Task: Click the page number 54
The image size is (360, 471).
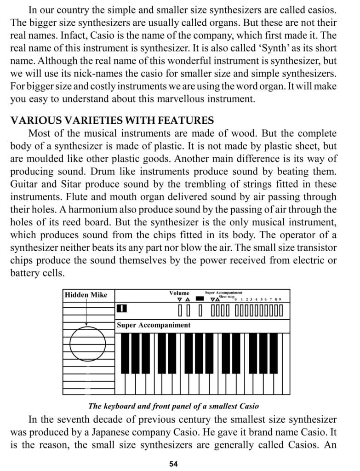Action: click(173, 463)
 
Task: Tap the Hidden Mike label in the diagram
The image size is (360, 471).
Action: click(86, 294)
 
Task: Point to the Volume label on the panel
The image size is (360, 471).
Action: click(179, 293)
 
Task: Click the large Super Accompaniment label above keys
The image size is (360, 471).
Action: click(154, 325)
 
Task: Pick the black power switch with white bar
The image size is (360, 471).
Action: click(122, 309)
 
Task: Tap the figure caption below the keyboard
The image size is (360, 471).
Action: click(173, 406)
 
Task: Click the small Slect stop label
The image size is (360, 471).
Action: click(227, 297)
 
